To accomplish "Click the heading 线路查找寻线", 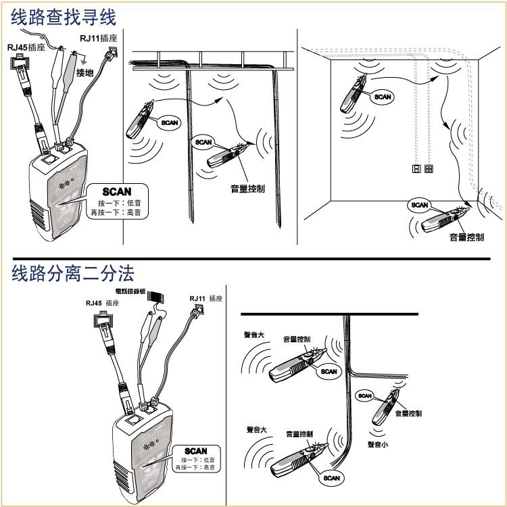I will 64,16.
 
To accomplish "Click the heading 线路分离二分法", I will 73,273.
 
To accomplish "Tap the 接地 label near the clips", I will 86,72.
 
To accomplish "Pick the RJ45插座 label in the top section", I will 26,48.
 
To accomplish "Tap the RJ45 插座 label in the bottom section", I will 102,304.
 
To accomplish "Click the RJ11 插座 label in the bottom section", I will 206,298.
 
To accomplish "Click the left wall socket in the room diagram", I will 417,168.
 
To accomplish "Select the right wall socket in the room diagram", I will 429,168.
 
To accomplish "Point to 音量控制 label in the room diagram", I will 467,237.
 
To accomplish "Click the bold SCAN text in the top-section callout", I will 116,192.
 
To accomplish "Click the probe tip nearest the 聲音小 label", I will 397,391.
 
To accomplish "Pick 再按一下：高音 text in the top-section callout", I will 116,213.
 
